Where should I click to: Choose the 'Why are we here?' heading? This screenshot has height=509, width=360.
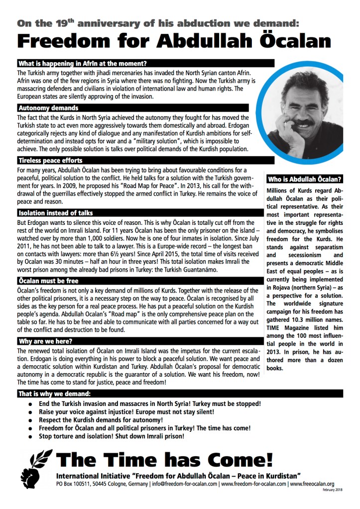click(x=45, y=341)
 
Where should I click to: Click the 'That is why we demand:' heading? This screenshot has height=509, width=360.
click(x=54, y=394)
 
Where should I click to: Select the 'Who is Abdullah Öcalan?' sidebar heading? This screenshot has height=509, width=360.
click(x=304, y=179)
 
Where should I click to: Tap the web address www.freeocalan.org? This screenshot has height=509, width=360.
click(x=312, y=483)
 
